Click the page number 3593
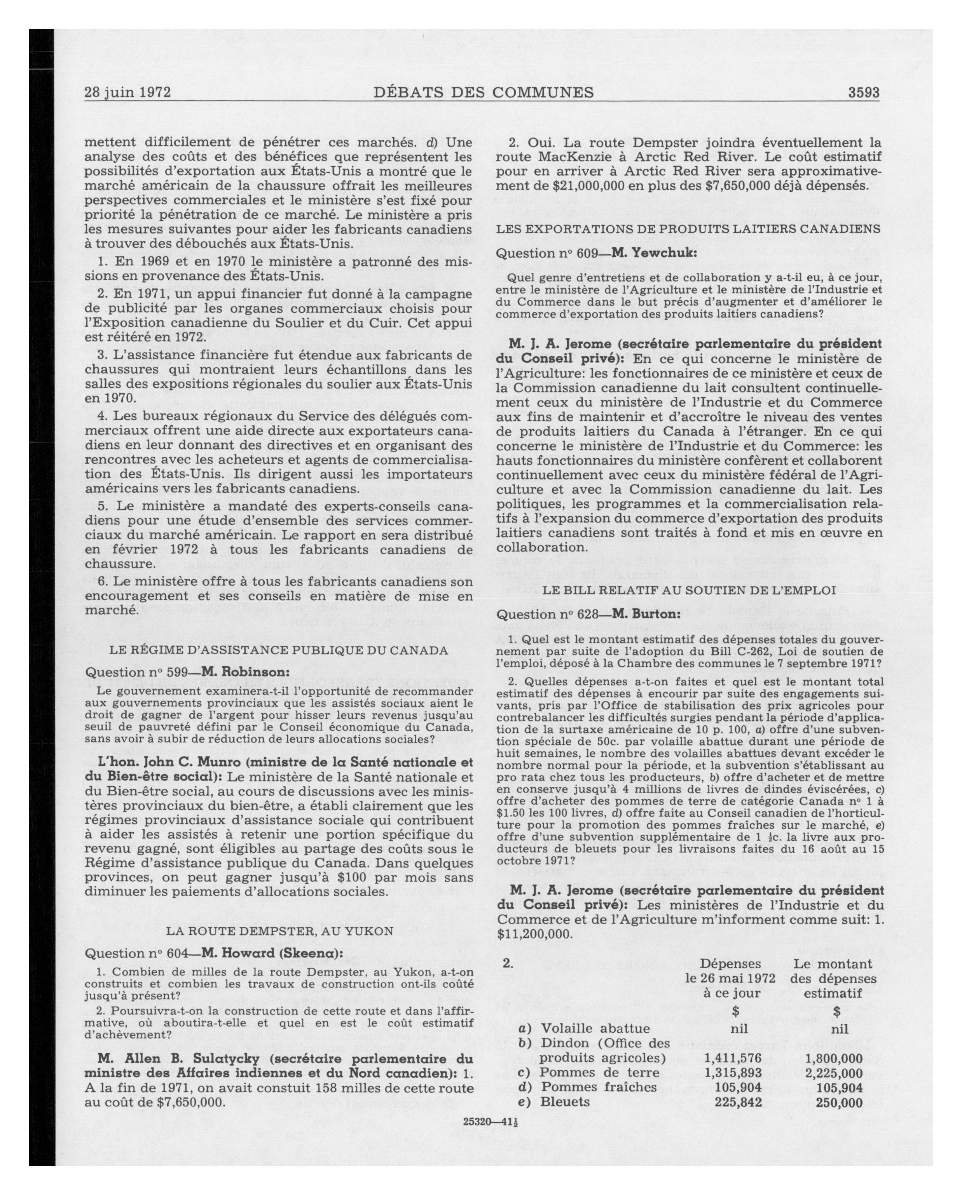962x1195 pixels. tap(863, 92)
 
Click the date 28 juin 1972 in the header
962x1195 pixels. tap(127, 92)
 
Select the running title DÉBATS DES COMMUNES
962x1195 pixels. tap(484, 92)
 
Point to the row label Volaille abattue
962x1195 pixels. tap(595, 1029)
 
